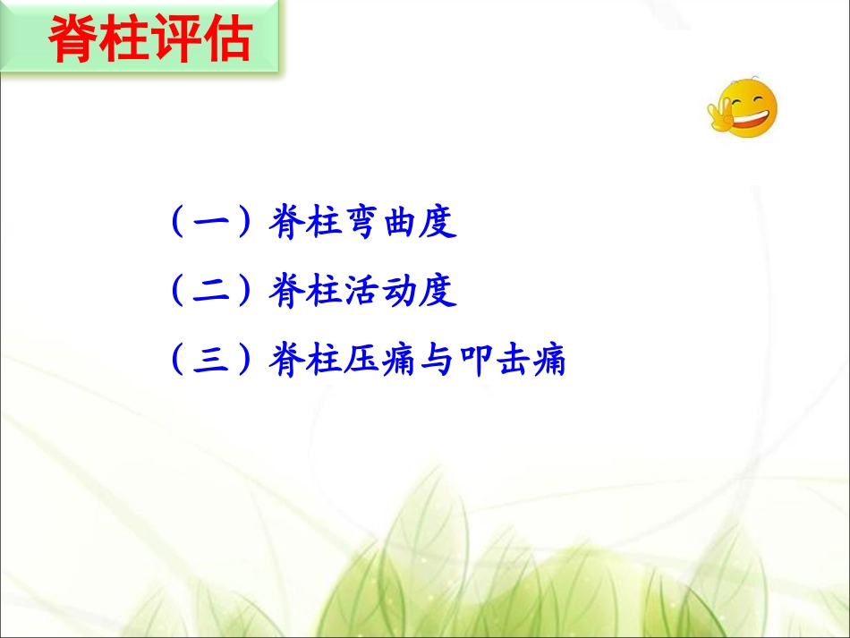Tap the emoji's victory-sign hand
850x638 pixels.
point(722,113)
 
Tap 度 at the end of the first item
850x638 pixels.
point(439,224)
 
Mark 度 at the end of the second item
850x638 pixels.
point(439,293)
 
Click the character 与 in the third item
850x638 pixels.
point(439,362)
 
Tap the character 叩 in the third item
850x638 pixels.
point(476,362)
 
